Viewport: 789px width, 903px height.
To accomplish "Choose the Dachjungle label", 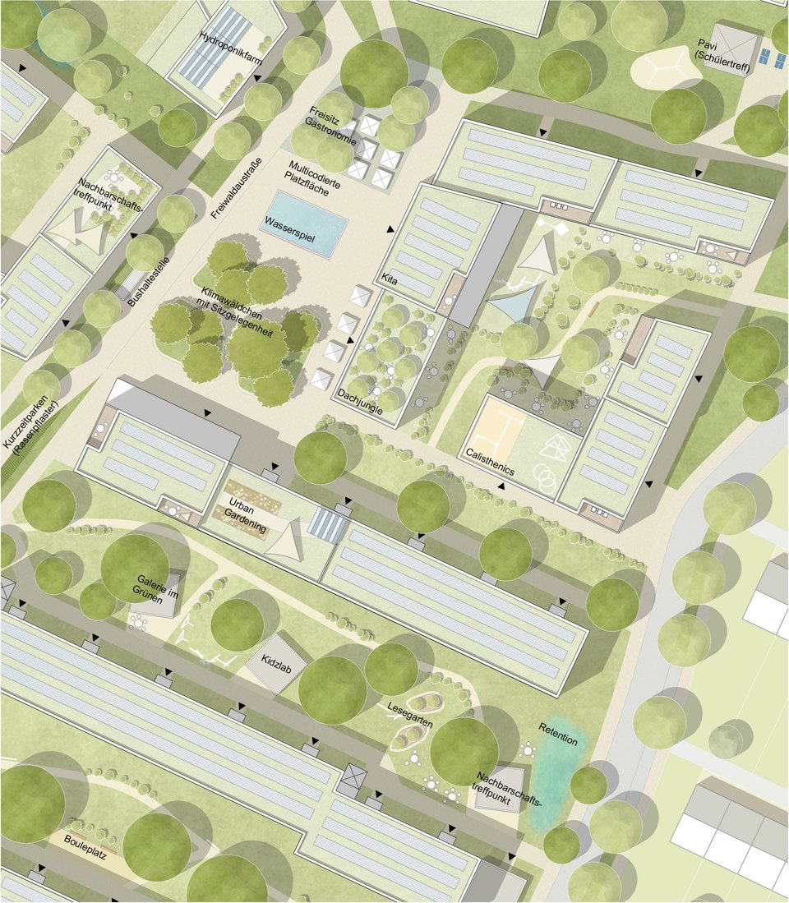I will point(360,394).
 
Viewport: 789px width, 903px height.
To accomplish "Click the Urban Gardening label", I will point(246,515).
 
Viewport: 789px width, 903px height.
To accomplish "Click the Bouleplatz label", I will point(86,842).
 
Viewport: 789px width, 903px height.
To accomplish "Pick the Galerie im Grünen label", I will point(156,593).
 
